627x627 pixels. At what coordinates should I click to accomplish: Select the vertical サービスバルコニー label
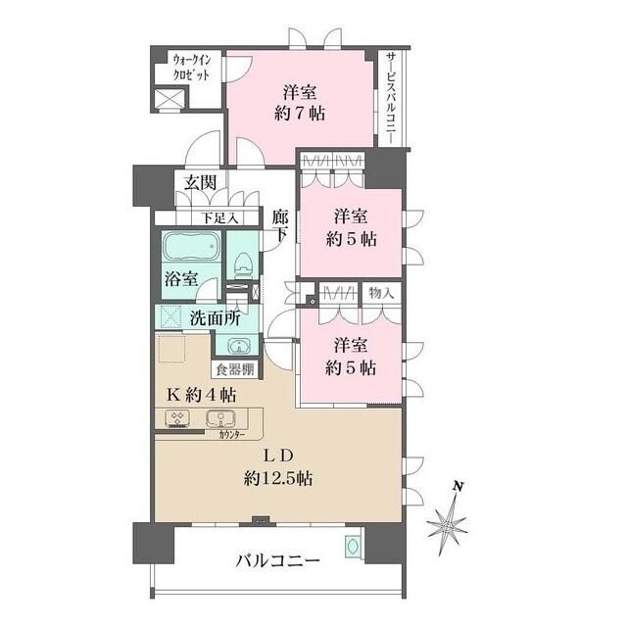pos(390,98)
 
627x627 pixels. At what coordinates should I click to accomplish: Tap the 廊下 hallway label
pos(280,227)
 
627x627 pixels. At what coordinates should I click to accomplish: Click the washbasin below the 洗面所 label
pos(237,344)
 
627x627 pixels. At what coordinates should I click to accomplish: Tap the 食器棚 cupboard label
pos(234,370)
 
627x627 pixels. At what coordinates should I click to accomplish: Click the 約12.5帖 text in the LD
pos(279,479)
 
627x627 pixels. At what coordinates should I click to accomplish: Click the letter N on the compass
pos(457,487)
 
